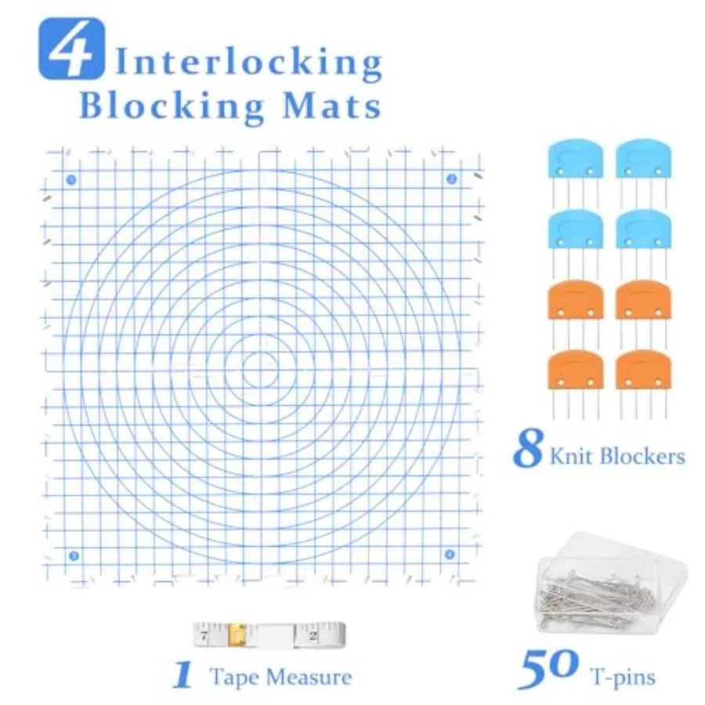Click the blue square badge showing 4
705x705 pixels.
point(71,49)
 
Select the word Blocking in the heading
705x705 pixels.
point(172,107)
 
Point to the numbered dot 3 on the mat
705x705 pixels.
point(74,555)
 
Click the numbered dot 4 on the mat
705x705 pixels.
point(450,555)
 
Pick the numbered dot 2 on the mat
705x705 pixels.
point(451,179)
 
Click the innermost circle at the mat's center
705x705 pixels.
point(260,371)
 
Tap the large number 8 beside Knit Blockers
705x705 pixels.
point(528,448)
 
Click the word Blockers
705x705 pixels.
point(643,456)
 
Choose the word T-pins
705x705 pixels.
point(624,677)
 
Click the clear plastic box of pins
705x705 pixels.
point(613,584)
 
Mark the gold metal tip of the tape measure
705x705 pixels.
point(237,634)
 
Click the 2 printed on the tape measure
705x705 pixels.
point(313,636)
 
